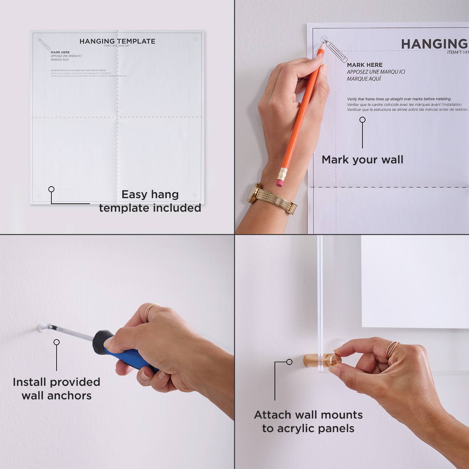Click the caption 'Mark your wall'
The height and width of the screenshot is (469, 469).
point(362,159)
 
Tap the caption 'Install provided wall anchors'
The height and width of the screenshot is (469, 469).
point(57,389)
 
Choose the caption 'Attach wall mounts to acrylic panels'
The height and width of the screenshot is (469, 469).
point(308,421)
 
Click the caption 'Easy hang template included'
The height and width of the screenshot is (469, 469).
point(150,201)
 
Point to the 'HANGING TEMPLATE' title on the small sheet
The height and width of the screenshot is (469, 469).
point(117,41)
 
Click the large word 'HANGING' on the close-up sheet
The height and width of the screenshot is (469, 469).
point(434,44)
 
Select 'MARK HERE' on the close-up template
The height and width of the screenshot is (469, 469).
point(365,65)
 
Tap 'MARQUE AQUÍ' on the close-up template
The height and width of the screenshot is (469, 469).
point(364,79)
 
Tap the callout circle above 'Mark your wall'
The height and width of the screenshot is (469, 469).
point(362,120)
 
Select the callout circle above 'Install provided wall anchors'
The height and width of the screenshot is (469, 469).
point(57,342)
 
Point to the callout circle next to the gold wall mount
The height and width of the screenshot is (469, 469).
point(289,362)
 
